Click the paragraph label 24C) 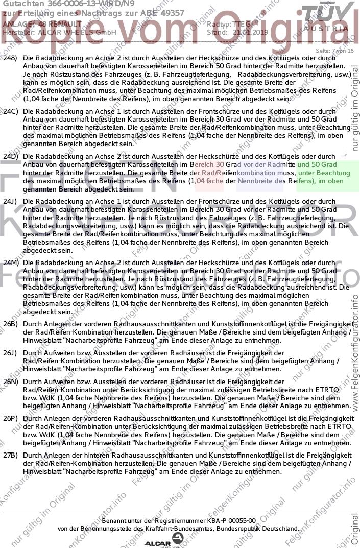tap(11, 111)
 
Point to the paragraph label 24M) tap(11, 263)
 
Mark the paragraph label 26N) tap(11, 382)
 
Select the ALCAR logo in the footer tap(164, 541)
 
